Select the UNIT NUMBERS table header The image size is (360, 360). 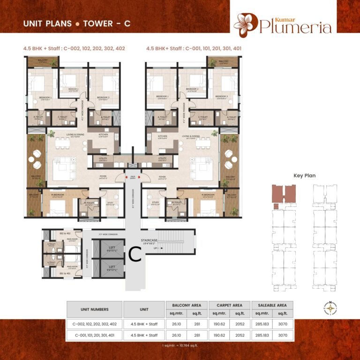94,309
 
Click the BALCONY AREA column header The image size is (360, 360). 187,305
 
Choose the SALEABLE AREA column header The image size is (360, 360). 272,305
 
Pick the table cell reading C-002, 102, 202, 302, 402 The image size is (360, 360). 94,324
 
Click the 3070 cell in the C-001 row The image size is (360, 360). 283,335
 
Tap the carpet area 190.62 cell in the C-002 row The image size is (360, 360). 219,324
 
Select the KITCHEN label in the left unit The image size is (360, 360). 104,135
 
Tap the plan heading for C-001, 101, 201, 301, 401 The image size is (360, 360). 194,48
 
